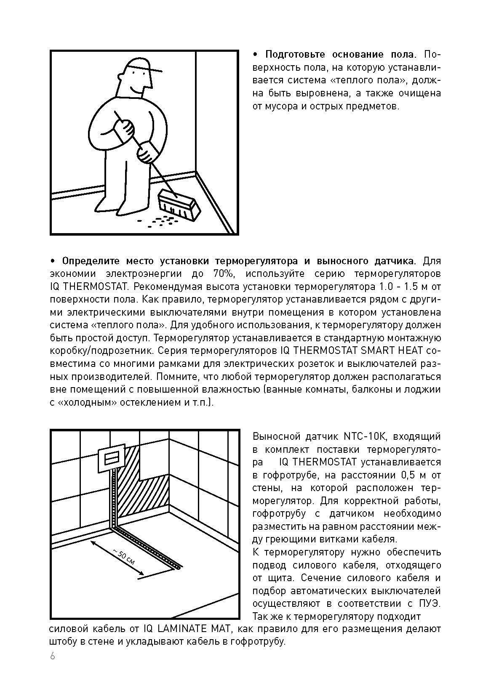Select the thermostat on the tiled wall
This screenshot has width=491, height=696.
pos(112,457)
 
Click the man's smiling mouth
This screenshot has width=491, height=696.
pos(137,90)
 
